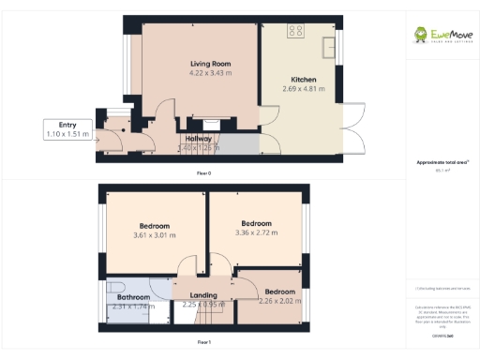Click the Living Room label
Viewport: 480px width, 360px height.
(x=210, y=64)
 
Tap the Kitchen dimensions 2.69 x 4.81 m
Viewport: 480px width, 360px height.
(x=304, y=89)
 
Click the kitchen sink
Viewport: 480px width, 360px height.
(x=330, y=47)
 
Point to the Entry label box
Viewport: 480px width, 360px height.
(x=67, y=129)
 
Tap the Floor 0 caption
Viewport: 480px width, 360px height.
(x=203, y=173)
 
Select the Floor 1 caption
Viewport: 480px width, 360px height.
(x=203, y=343)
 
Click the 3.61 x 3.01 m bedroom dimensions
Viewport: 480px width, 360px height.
(x=155, y=236)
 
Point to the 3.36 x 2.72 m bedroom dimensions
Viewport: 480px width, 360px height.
(x=256, y=232)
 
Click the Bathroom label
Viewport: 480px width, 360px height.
(x=132, y=295)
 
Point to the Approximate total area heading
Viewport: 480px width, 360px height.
(x=437, y=162)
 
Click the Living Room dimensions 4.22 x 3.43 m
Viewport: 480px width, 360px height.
(x=210, y=73)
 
